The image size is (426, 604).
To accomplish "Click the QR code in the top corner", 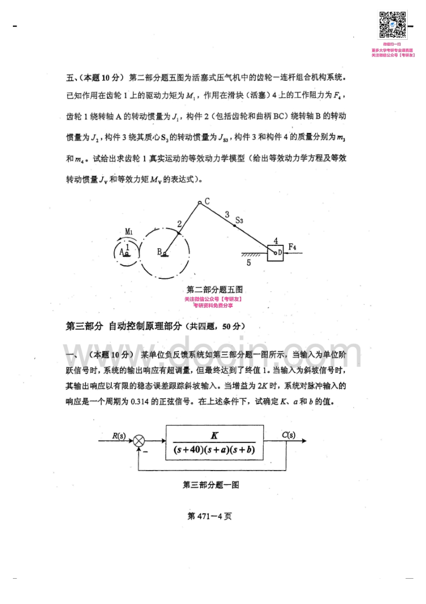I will (393, 25).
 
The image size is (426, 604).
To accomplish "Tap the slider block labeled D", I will (275, 252).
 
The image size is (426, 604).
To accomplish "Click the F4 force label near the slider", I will (293, 247).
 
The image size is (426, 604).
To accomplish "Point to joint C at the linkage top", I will (200, 202).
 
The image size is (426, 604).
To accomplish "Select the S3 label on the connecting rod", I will (240, 220).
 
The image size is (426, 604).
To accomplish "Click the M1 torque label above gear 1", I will (129, 231).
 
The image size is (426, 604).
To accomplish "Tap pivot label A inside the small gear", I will (123, 250).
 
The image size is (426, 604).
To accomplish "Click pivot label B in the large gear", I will (160, 251).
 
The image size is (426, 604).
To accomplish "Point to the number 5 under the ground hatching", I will (248, 263).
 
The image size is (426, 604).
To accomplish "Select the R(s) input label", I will (119, 435).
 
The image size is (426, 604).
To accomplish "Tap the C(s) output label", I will (289, 435).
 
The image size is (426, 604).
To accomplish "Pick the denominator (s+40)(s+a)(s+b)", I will (215, 450).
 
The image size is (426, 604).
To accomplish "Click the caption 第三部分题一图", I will (211, 484).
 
